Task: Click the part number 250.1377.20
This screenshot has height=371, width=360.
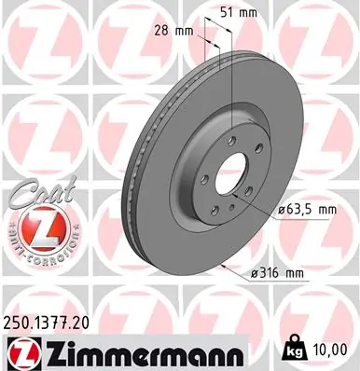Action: pos(51,322)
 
